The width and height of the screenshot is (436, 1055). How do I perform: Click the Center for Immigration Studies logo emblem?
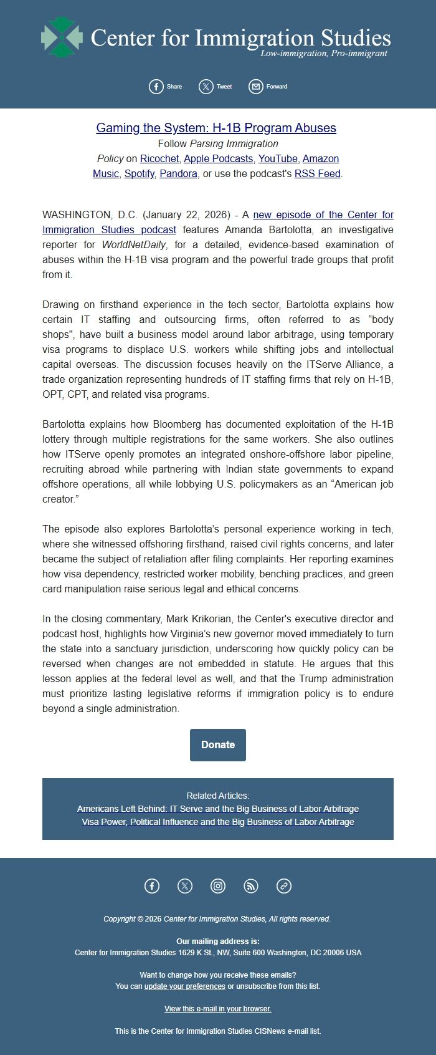click(x=62, y=37)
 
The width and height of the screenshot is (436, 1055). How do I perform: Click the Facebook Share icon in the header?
click(x=156, y=87)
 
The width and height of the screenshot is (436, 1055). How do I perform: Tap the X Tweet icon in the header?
click(x=206, y=87)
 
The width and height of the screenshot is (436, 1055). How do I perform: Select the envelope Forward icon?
click(x=255, y=87)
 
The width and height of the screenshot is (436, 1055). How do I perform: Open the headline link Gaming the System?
click(x=216, y=128)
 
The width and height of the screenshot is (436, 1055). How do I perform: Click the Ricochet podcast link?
click(x=159, y=158)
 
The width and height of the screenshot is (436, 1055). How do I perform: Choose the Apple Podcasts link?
click(x=218, y=158)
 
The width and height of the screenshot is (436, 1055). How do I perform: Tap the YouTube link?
click(x=278, y=158)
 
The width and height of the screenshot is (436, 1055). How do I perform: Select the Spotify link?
click(x=139, y=173)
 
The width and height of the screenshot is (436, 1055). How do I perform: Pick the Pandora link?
click(x=178, y=173)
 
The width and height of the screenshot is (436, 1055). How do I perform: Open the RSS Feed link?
click(x=317, y=173)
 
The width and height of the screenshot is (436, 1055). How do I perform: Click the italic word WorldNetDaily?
click(x=134, y=244)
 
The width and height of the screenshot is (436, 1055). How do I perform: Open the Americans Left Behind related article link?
click(x=218, y=809)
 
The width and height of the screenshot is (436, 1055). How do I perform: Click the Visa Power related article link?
click(x=218, y=822)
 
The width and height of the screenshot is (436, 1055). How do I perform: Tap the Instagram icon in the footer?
click(x=218, y=885)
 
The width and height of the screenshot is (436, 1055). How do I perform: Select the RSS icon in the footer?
click(x=251, y=885)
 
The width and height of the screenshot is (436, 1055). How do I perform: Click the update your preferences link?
click(x=184, y=986)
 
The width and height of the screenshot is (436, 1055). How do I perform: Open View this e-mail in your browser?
click(x=218, y=1009)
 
